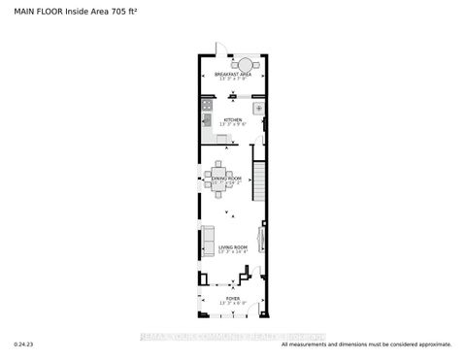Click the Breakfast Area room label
233,74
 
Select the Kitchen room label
232,120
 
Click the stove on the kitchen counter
206,105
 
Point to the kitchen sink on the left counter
206,121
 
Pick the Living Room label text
233,248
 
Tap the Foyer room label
232,299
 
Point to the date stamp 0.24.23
23,344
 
